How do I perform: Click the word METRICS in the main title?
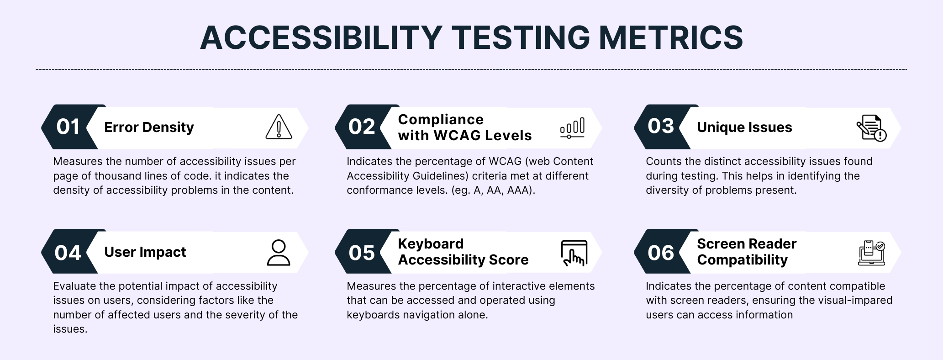point(671,37)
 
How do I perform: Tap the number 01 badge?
point(68,127)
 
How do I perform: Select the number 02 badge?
point(362,127)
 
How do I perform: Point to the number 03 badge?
point(661,127)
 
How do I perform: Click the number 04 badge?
point(68,253)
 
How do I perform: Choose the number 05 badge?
point(362,253)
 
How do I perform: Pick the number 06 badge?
point(661,253)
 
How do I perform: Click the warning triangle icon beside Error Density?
point(279,127)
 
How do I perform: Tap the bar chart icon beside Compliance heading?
point(572,127)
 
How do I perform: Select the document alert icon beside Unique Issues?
point(871,128)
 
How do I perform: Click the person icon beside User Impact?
point(278,253)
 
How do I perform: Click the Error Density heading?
point(149,127)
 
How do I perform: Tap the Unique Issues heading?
point(744,127)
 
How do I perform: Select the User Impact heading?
point(145,252)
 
